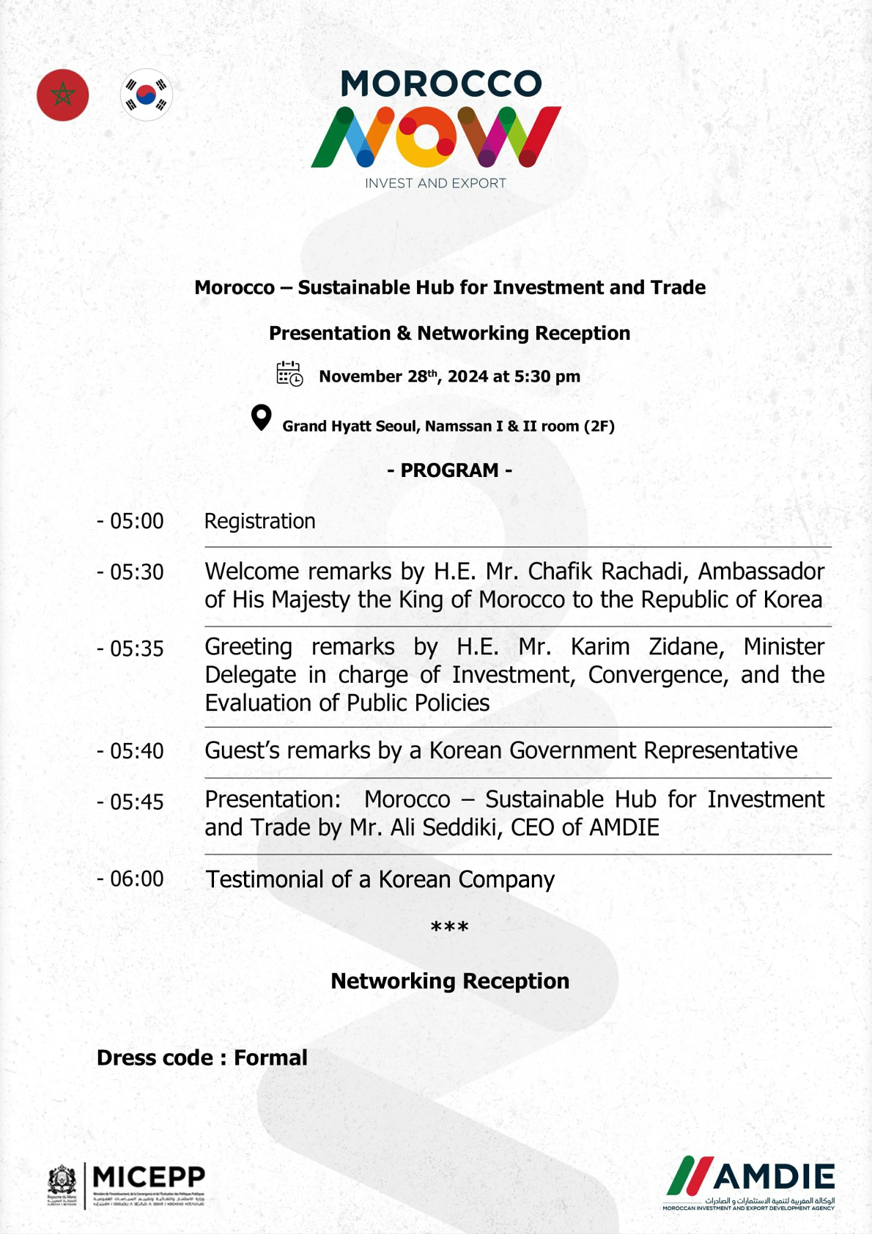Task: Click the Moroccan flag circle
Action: pos(63,95)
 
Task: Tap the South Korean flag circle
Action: pos(147,95)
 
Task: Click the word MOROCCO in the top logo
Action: pos(441,84)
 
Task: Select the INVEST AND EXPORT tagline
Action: pos(436,183)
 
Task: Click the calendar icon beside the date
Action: pos(289,374)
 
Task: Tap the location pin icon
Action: pos(261,418)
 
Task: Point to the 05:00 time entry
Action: pos(136,521)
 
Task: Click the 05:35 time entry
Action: pos(136,649)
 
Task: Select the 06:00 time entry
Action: pos(136,879)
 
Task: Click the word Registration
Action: pos(260,521)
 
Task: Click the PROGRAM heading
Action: pos(449,470)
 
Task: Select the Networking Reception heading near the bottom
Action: pos(450,981)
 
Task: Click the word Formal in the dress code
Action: pos(270,1057)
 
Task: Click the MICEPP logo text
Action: pos(149,1177)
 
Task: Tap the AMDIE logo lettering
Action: pos(773,1177)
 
